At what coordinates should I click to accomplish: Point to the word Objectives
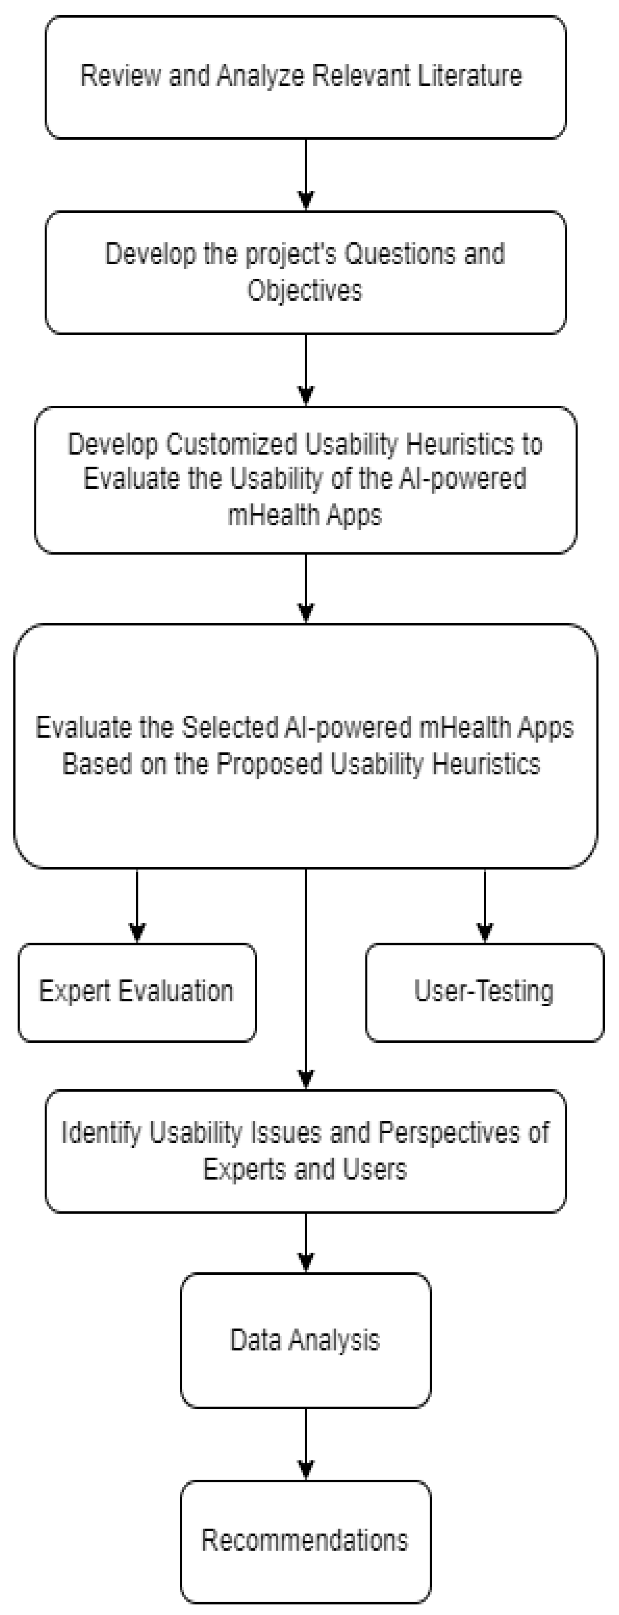click(x=305, y=290)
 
